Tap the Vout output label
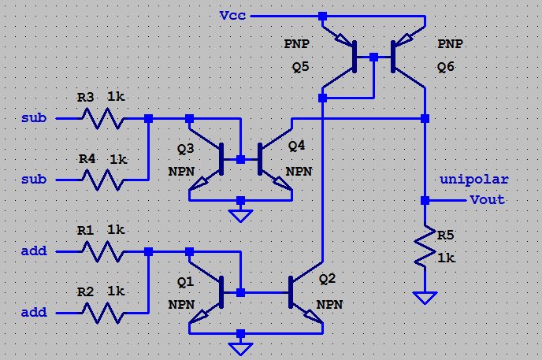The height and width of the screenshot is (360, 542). pyautogui.click(x=487, y=199)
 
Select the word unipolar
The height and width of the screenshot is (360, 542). pyautogui.click(x=473, y=180)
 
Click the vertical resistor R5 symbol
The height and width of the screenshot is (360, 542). pyautogui.click(x=425, y=247)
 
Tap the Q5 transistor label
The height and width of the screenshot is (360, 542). pyautogui.click(x=300, y=68)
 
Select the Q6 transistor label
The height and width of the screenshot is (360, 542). pyautogui.click(x=446, y=68)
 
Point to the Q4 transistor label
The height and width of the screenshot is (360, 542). pyautogui.click(x=296, y=145)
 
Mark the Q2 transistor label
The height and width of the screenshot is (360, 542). pyautogui.click(x=327, y=279)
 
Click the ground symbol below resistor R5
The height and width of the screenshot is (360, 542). pyautogui.click(x=425, y=297)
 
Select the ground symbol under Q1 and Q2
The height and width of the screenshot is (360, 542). pyautogui.click(x=240, y=347)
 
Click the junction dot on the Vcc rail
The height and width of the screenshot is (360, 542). pyautogui.click(x=322, y=16)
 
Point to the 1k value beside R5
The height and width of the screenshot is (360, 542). pyautogui.click(x=446, y=258)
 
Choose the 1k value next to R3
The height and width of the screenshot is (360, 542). pyautogui.click(x=117, y=97)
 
